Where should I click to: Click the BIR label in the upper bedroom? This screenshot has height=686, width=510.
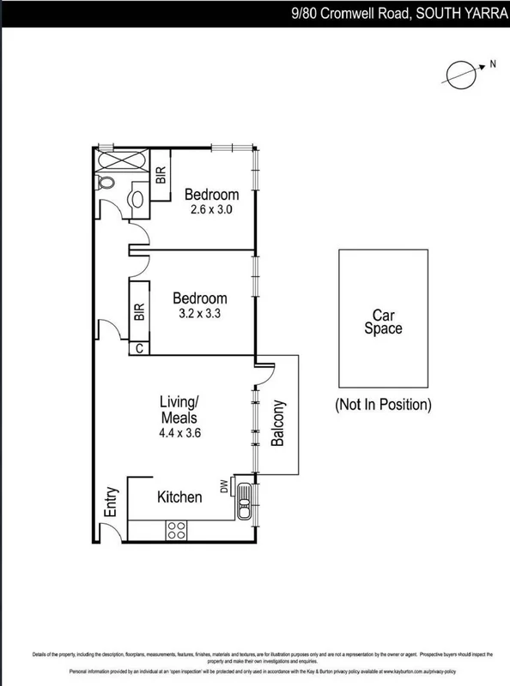click(161, 176)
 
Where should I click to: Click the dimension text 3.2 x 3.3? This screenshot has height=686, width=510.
click(199, 313)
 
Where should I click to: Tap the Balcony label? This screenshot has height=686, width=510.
click(278, 424)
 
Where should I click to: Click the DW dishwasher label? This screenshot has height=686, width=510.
click(225, 487)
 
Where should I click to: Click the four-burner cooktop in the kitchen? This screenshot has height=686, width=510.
click(177, 530)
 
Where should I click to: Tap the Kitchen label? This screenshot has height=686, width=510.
click(179, 497)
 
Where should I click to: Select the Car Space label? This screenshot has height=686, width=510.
click(382, 321)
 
